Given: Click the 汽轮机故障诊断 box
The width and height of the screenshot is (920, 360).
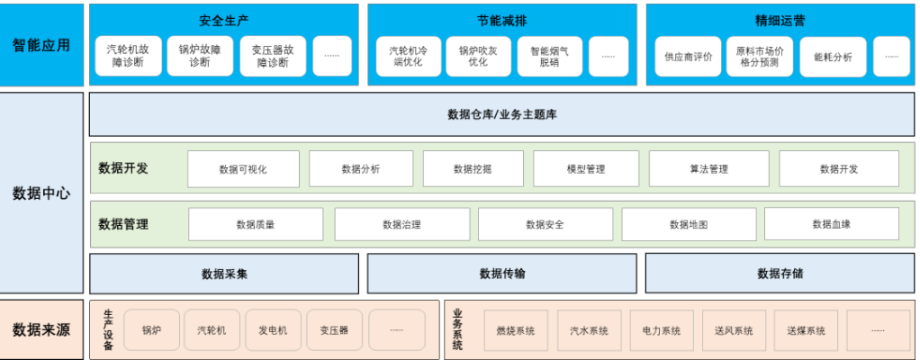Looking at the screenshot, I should [127, 56].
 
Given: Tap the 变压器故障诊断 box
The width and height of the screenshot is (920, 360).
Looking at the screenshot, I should [273, 56].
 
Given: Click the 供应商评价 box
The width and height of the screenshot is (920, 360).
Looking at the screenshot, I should [688, 57].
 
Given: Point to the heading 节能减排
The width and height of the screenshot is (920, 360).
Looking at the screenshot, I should [501, 20].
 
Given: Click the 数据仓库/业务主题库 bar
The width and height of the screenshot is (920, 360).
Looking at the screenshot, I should [501, 114].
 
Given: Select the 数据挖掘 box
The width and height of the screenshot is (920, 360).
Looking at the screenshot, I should [473, 168].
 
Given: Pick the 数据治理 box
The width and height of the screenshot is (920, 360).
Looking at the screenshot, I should [401, 224].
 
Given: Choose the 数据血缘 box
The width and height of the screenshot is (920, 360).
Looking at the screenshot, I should [831, 224].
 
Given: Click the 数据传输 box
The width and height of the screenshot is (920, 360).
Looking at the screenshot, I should [501, 274].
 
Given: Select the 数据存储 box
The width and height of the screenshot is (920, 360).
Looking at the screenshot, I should [780, 274].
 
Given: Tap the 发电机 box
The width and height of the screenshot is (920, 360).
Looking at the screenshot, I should [273, 330].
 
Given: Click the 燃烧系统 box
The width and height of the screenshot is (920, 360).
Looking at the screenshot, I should [516, 330].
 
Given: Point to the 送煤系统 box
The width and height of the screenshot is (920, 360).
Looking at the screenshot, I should [806, 330].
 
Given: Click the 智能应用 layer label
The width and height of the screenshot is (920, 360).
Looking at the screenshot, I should [42, 44].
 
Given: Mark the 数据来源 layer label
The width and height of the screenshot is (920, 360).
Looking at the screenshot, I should [42, 329].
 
